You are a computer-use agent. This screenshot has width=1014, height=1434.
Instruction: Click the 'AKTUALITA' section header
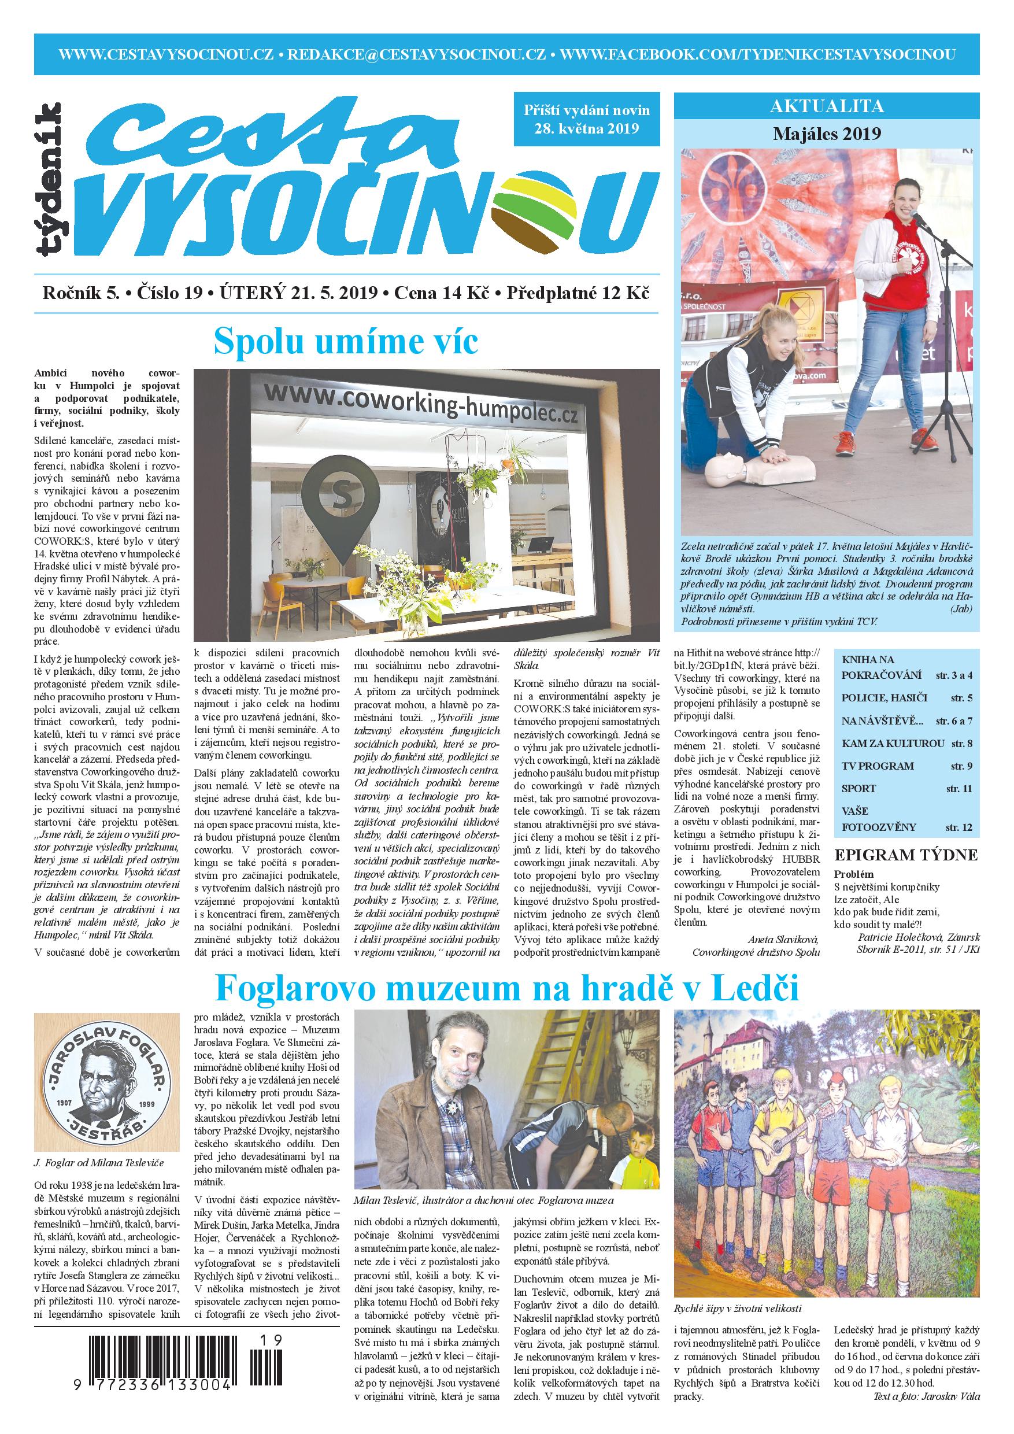827,107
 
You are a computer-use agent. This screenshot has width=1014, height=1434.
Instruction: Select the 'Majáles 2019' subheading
827,133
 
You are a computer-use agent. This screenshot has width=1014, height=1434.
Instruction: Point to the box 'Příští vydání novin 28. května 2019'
586,119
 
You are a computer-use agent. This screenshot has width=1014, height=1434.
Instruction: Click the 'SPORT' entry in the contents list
855,788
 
